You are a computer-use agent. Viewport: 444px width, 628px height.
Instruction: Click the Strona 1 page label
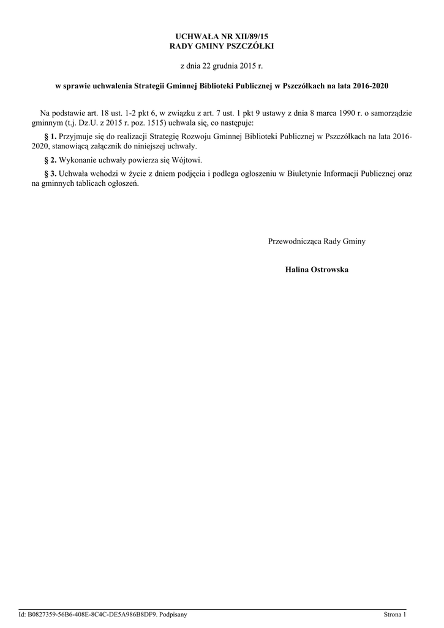394,614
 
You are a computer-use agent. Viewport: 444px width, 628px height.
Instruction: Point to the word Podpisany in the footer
173,614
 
